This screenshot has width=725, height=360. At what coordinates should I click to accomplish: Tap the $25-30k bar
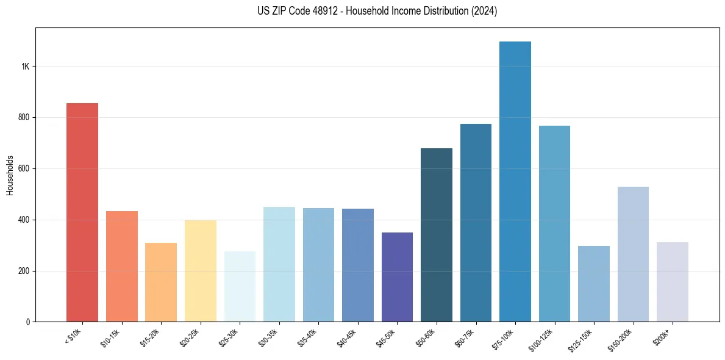coord(240,286)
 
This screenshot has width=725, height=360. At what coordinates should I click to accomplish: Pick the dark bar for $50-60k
coord(437,235)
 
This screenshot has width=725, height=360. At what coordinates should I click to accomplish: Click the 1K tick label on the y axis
coord(26,67)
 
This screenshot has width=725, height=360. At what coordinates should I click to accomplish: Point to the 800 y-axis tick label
coord(24,117)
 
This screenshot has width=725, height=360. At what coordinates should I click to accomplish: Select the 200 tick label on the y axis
coord(24,271)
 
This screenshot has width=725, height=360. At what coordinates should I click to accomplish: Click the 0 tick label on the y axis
coord(28,322)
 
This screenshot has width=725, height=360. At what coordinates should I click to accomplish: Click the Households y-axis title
coord(10,175)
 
